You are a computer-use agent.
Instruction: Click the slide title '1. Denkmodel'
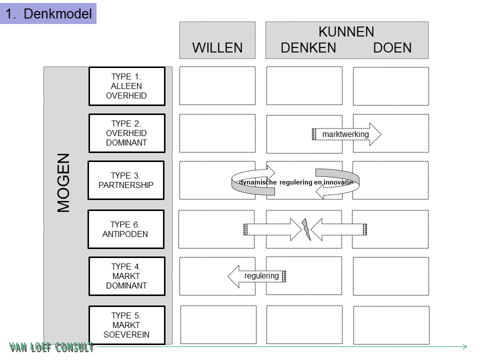[x=48, y=13]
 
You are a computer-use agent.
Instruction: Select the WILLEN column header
[x=217, y=47]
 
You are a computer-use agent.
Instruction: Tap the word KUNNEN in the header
[x=346, y=32]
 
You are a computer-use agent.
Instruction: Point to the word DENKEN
[x=308, y=48]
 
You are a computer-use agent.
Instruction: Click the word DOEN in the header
[x=392, y=48]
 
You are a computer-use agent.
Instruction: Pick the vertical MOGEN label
[x=64, y=182]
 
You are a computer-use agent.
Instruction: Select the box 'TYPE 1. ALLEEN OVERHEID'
[x=126, y=86]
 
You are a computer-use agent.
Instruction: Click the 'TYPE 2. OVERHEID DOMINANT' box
[x=126, y=133]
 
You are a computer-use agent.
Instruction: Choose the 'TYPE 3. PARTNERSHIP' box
[x=126, y=180]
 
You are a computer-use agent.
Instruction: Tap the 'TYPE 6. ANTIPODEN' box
[x=126, y=229]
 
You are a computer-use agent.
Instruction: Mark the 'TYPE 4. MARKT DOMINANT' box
[x=126, y=276]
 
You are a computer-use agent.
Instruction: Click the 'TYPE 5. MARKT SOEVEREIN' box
[x=126, y=325]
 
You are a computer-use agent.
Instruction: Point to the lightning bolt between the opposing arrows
[x=305, y=228]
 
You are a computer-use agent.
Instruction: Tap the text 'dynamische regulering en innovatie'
[x=295, y=182]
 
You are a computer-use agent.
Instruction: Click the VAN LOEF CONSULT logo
[x=51, y=347]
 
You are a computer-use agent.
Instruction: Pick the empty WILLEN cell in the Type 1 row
[x=217, y=85]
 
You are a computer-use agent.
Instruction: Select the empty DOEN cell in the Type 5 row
[x=391, y=325]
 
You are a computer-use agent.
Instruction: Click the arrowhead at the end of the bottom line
[x=464, y=346]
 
